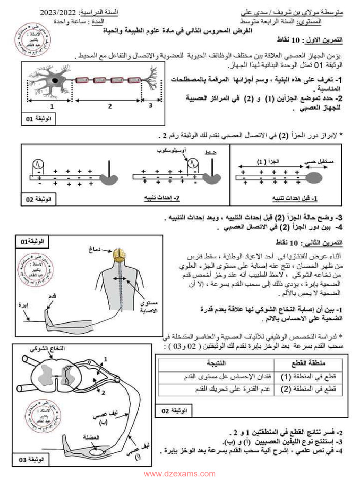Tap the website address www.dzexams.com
click(x=180, y=473)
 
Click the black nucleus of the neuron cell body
click(x=56, y=81)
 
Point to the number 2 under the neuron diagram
click(x=109, y=106)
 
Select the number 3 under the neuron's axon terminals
click(x=150, y=106)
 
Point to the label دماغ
click(x=95, y=248)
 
